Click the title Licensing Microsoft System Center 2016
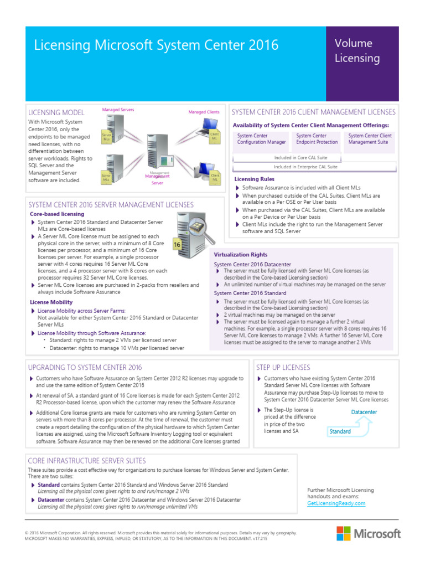(157, 45)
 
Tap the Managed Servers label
(118, 110)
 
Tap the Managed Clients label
(204, 112)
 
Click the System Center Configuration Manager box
(261, 139)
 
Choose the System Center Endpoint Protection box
(317, 139)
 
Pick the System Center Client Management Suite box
(370, 139)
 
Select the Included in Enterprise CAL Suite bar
(313, 166)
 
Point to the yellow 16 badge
(177, 244)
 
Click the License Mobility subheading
(51, 302)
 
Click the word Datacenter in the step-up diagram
(364, 413)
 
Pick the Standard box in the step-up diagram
(340, 431)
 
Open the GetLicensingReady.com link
(336, 503)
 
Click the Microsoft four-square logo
(343, 533)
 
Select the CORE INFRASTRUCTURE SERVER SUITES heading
(87, 461)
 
